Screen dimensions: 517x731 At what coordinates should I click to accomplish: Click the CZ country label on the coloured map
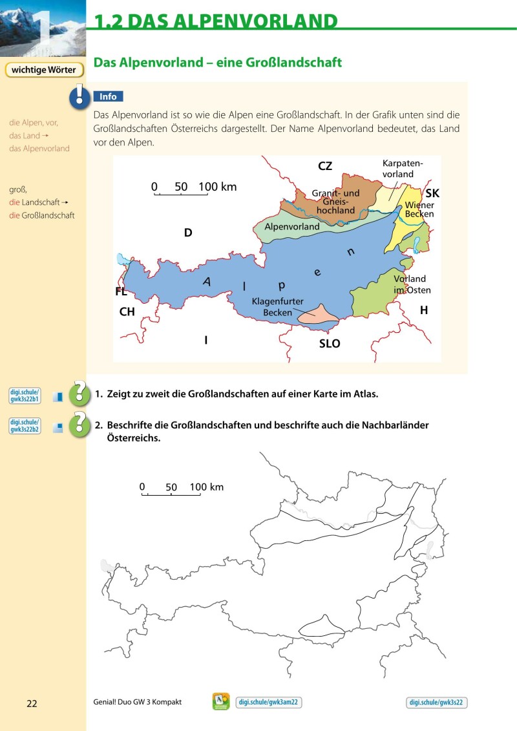coord(325,166)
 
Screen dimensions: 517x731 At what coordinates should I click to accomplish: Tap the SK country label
coord(432,193)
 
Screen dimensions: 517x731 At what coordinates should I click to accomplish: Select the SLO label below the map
coord(330,344)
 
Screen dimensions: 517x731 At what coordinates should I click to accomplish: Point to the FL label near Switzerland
coord(121,291)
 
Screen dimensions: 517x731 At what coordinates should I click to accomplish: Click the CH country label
coord(127,312)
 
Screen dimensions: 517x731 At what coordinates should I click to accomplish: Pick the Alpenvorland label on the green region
coord(292,227)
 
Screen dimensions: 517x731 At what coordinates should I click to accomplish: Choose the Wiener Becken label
coord(419,209)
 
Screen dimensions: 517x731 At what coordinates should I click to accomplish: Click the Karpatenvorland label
coord(398,169)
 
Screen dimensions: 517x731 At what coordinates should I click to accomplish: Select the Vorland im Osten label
coord(412,284)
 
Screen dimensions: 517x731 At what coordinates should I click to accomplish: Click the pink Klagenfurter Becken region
coord(317,315)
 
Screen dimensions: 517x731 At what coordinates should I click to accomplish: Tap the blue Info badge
coord(108,97)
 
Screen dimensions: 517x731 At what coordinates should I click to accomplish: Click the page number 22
coord(32,703)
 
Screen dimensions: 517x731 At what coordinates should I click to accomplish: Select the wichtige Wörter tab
coord(44,70)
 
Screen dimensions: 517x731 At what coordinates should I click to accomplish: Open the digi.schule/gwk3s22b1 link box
coord(25,396)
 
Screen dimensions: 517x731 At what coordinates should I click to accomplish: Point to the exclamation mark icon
coord(79,96)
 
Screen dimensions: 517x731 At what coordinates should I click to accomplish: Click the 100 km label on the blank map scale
coord(207,487)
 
